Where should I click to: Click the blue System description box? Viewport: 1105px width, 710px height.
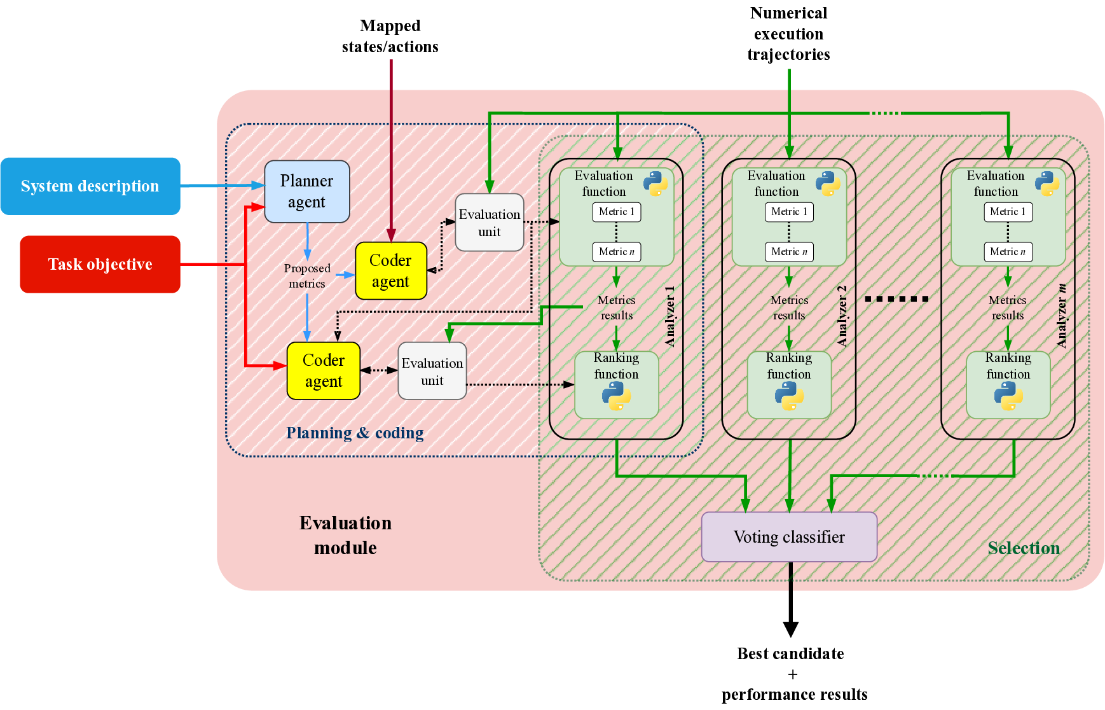[90, 186]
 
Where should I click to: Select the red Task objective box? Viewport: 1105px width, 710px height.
[100, 264]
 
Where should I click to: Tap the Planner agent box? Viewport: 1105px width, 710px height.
[306, 191]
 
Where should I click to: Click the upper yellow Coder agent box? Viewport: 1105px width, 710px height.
[390, 270]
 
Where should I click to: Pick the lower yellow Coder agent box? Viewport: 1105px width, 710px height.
[323, 371]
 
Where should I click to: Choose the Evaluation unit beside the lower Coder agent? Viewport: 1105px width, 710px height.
[432, 371]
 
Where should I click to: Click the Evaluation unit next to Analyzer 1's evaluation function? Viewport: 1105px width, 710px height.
[489, 223]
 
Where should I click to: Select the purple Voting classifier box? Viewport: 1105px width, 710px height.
[788, 537]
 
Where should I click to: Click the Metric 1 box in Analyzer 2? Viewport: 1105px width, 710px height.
[788, 212]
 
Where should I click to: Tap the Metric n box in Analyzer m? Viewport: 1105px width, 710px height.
[1007, 252]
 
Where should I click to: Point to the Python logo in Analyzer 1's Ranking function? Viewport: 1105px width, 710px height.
[616, 396]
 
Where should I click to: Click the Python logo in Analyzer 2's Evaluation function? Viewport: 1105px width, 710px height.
[828, 183]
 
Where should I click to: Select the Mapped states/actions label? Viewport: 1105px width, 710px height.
[390, 36]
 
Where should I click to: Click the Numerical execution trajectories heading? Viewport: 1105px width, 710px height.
[788, 34]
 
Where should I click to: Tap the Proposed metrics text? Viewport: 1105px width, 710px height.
[306, 276]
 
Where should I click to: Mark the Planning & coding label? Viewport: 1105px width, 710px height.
[354, 433]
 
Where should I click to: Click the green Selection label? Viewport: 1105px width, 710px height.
[1023, 548]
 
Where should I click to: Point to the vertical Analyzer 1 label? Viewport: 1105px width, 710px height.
[669, 316]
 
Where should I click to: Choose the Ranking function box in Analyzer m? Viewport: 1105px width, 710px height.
[1008, 384]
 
